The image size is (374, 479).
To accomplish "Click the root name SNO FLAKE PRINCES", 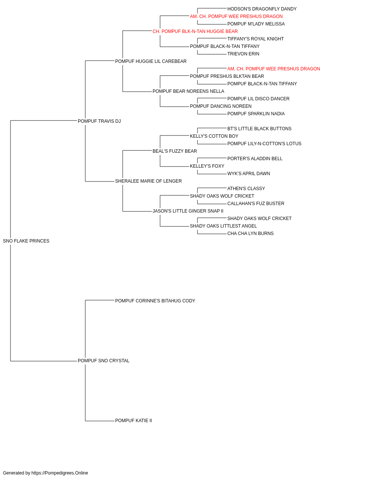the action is point(26,241).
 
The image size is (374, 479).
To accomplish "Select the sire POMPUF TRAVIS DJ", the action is point(99,121).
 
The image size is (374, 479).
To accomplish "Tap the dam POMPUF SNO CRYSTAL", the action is point(104,361).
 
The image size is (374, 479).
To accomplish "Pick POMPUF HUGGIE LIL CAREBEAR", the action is point(151,61).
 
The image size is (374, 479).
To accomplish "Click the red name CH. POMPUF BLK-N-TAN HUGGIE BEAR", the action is point(195,31).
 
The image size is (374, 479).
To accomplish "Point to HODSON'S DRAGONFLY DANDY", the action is point(262,9).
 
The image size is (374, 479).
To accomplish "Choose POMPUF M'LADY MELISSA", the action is point(256,24).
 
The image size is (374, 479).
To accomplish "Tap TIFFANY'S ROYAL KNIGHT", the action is point(255,39).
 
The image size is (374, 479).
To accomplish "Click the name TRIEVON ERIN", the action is point(243,54).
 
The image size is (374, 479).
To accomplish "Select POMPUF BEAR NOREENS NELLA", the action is point(188,91).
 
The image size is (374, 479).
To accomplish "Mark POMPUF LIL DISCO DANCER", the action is point(258,99).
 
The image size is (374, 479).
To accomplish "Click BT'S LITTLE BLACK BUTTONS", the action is point(259,129).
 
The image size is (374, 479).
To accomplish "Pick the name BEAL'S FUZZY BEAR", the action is point(175,151).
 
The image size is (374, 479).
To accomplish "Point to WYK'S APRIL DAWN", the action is point(249,174).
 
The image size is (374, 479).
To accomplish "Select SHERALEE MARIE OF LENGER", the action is point(148,181).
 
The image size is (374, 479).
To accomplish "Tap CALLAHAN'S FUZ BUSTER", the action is point(256,204).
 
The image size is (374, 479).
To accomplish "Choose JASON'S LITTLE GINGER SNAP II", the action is point(188,211).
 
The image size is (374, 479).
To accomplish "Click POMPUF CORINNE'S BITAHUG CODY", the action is point(155,301).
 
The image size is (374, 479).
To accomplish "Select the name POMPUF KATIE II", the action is point(134,421).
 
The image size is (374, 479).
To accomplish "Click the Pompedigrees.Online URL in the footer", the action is point(60,473).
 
